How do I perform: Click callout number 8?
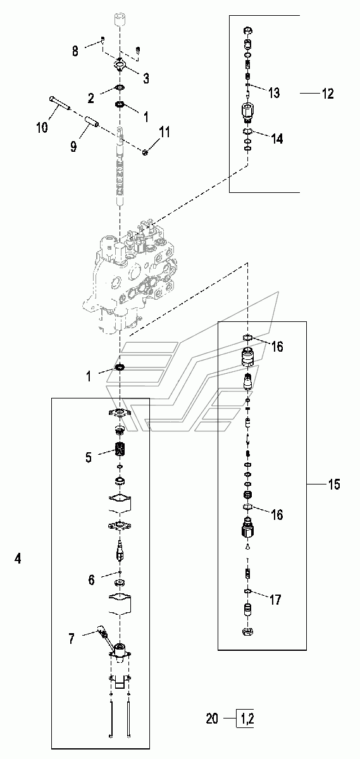click(x=75, y=51)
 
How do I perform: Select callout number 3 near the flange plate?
click(x=146, y=78)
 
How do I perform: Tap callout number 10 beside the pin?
click(x=42, y=128)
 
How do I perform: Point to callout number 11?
click(x=164, y=132)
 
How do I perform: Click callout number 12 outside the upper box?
click(x=328, y=94)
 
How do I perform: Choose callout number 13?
click(x=274, y=92)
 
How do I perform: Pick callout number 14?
click(x=277, y=139)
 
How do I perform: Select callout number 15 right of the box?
click(x=333, y=484)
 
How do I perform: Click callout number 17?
click(x=275, y=600)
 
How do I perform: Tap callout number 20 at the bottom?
click(x=212, y=719)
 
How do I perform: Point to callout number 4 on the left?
click(x=18, y=558)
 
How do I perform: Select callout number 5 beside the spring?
click(x=89, y=457)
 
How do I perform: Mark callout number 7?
click(x=71, y=639)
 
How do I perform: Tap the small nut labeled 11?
click(x=145, y=152)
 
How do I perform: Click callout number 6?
click(x=92, y=580)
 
